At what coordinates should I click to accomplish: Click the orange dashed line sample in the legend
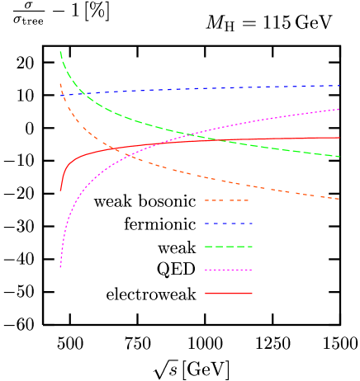[x=227, y=200]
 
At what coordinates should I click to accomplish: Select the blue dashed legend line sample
[x=229, y=223]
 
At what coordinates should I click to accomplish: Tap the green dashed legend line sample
[x=229, y=247]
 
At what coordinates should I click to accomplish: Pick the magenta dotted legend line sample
[x=229, y=270]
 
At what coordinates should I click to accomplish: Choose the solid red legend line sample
[x=229, y=294]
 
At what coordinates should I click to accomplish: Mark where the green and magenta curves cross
[x=188, y=134]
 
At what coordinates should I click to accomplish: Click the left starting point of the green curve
[x=60, y=52]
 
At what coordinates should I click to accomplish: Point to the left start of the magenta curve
[x=60, y=267]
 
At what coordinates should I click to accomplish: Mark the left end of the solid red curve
[x=60, y=190]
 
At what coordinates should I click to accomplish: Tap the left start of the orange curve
[x=60, y=83]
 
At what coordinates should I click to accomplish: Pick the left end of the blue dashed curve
[x=60, y=96]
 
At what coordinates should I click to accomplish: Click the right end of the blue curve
[x=340, y=86]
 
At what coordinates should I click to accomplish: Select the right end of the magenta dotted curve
[x=340, y=109]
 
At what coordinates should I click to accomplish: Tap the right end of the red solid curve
[x=340, y=138]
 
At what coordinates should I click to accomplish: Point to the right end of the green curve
[x=340, y=157]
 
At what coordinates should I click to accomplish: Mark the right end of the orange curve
[x=340, y=199]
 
